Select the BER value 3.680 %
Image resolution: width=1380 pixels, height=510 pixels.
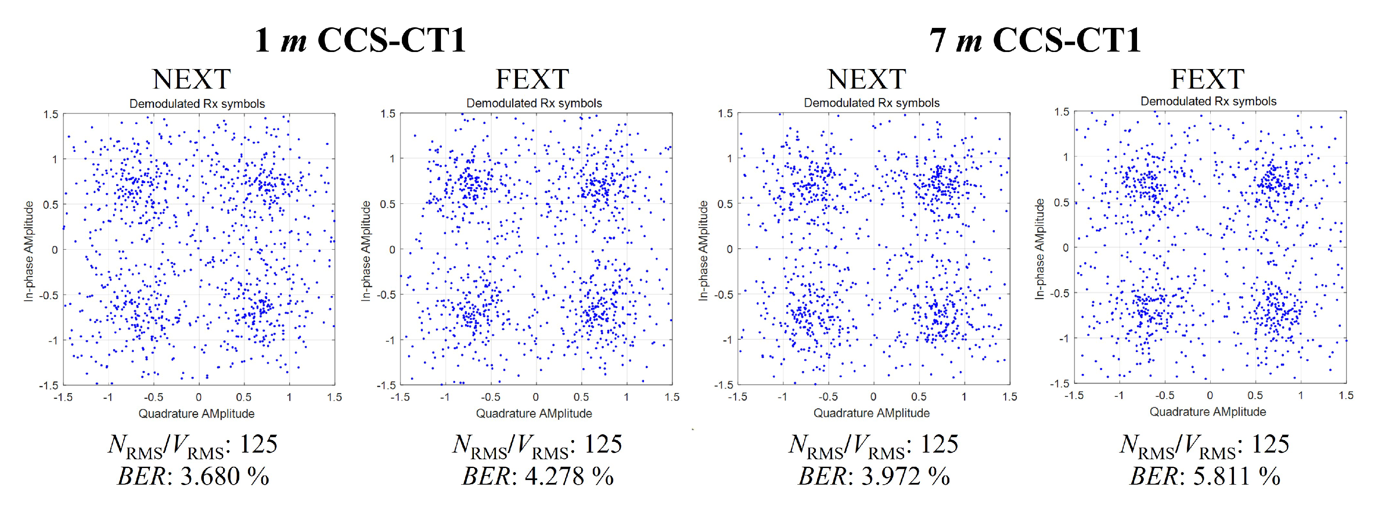click(x=194, y=476)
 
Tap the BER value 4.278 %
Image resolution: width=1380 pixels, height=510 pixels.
click(x=538, y=476)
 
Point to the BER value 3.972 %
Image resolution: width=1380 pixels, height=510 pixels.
click(x=874, y=476)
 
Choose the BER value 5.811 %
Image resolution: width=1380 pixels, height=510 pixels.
click(x=1205, y=476)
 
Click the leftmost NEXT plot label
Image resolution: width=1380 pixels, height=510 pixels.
click(x=191, y=79)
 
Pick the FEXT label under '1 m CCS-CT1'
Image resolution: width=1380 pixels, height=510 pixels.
click(x=532, y=79)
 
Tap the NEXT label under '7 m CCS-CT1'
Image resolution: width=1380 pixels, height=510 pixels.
click(x=866, y=79)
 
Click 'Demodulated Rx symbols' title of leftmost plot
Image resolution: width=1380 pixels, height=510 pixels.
click(x=197, y=104)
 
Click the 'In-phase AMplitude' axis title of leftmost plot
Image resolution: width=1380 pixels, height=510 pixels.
click(x=29, y=251)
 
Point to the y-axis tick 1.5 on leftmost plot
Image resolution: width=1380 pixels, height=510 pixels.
click(x=51, y=114)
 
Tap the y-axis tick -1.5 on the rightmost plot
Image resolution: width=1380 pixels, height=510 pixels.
click(x=1059, y=383)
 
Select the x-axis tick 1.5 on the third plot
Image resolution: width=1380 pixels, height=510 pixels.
click(x=1009, y=396)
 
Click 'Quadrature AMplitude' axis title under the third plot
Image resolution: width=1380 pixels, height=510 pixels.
click(x=871, y=413)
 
